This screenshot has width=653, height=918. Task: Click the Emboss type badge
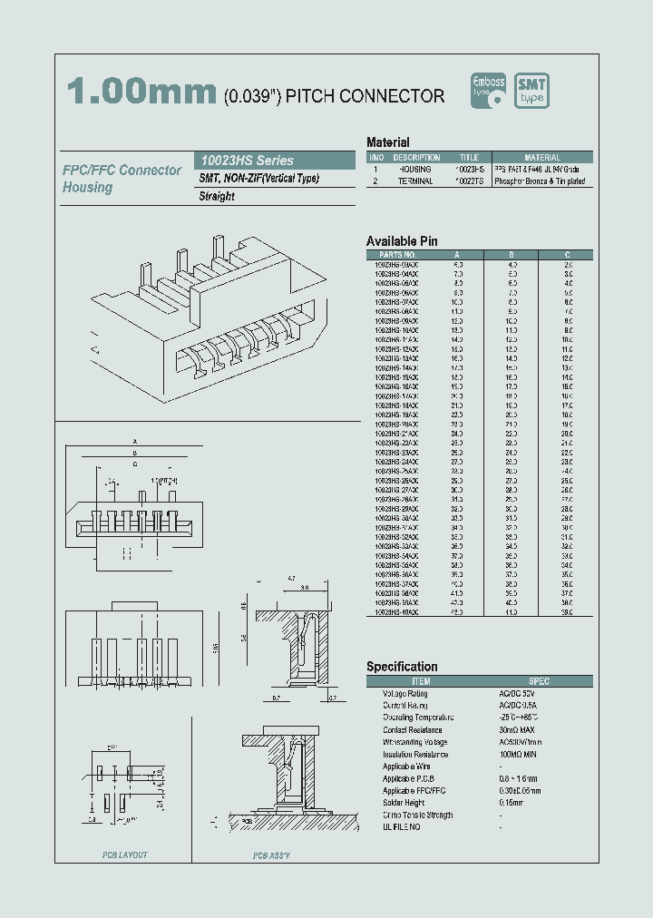[x=491, y=91]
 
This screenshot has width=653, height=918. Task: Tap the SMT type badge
[x=531, y=91]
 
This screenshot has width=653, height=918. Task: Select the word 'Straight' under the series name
[x=217, y=196]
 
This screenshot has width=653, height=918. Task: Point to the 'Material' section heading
[x=387, y=142]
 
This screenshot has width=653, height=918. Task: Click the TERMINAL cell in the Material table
[x=416, y=181]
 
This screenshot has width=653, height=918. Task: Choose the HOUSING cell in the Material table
[x=416, y=170]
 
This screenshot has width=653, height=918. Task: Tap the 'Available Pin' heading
[x=402, y=240]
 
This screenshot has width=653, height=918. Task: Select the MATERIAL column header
[x=542, y=158]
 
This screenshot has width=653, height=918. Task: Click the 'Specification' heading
[x=402, y=667]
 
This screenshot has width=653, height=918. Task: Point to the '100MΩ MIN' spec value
[x=518, y=754]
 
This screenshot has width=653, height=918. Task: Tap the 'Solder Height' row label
[x=404, y=803]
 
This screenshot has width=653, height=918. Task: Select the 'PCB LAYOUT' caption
[x=123, y=855]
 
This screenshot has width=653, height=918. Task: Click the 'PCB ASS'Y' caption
[x=271, y=855]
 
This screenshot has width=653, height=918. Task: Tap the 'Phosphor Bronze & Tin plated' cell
[x=540, y=181]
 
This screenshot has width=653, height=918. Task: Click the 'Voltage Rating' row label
[x=404, y=693]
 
